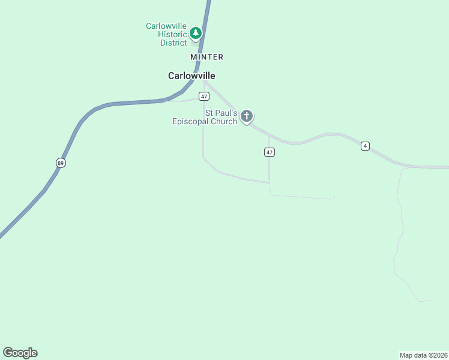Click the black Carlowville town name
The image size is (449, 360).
(191, 76)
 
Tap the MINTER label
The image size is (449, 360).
(206, 57)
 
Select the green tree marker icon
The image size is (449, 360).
(195, 33)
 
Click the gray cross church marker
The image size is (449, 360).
(246, 116)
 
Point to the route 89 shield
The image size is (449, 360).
(61, 163)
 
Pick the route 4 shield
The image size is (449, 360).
(365, 146)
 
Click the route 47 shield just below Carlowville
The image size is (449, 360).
(205, 97)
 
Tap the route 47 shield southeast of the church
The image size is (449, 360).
(269, 152)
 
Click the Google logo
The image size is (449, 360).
(20, 353)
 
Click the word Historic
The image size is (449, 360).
(172, 34)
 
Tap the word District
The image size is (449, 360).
(173, 43)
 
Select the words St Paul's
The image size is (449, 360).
(221, 113)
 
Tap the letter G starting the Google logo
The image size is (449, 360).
(7, 353)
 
